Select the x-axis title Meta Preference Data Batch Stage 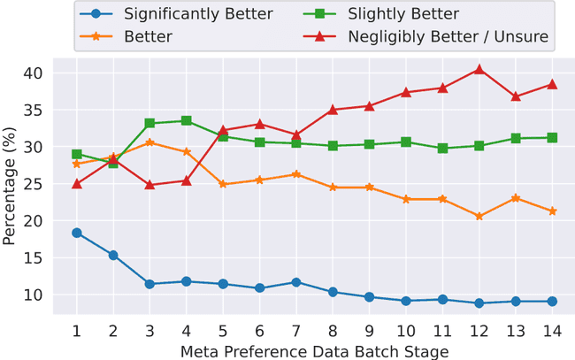[x=314, y=350]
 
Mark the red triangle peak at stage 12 [x=479, y=69]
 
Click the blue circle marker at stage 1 [x=77, y=233]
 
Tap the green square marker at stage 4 [x=187, y=120]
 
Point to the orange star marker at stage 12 [x=479, y=216]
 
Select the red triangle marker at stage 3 [x=149, y=185]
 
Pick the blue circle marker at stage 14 [x=552, y=301]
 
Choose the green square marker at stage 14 [x=552, y=137]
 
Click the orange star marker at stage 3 [x=149, y=142]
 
